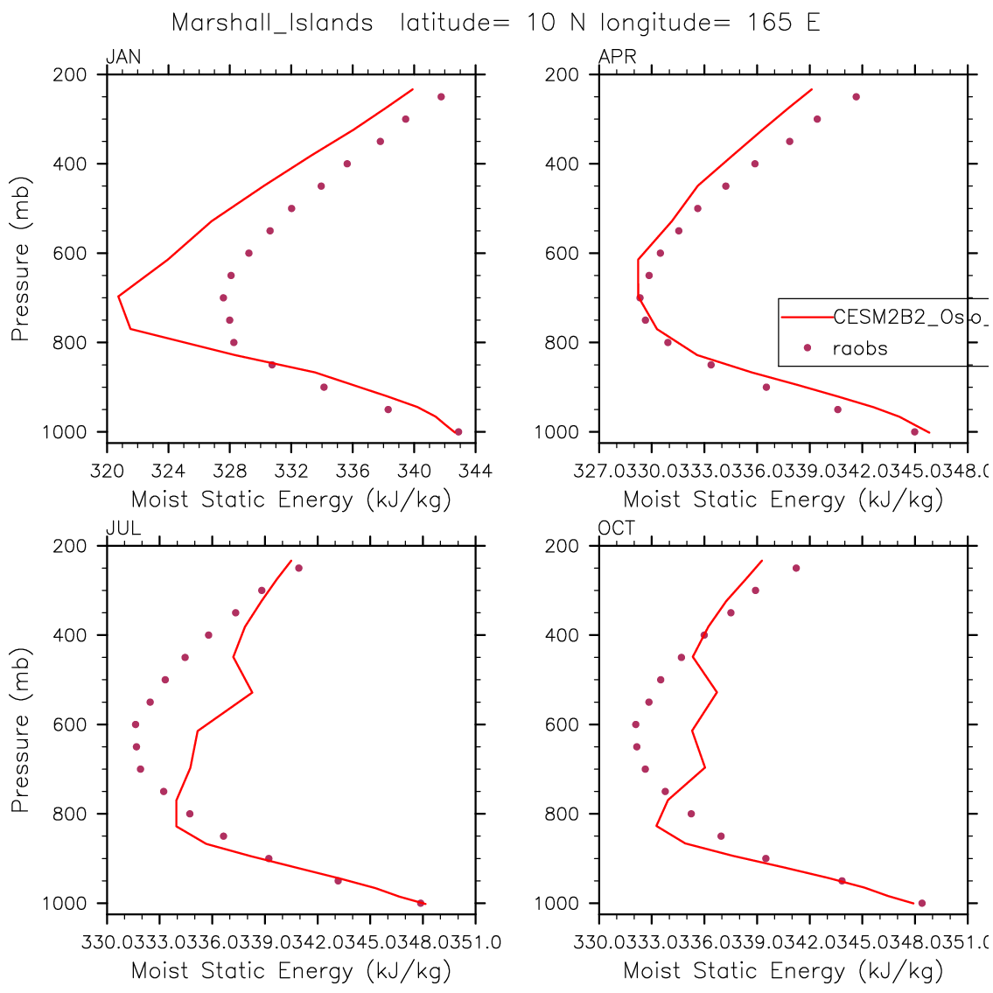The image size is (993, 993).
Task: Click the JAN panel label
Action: tap(123, 58)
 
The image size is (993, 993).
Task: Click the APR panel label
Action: tap(617, 58)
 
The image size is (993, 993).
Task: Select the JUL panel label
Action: tap(123, 528)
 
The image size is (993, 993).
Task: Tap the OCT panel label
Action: tap(617, 528)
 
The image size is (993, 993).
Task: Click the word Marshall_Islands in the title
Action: tap(272, 23)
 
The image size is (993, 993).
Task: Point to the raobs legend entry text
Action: tap(859, 348)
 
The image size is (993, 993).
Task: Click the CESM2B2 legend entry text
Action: tap(910, 317)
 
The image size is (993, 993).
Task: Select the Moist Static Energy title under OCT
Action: tap(783, 970)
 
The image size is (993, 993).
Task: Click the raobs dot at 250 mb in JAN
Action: tap(441, 96)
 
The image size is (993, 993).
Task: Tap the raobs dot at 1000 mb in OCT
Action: tap(921, 903)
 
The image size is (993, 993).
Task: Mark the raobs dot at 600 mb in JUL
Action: tap(136, 724)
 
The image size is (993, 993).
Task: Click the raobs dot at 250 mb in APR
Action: tap(856, 96)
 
